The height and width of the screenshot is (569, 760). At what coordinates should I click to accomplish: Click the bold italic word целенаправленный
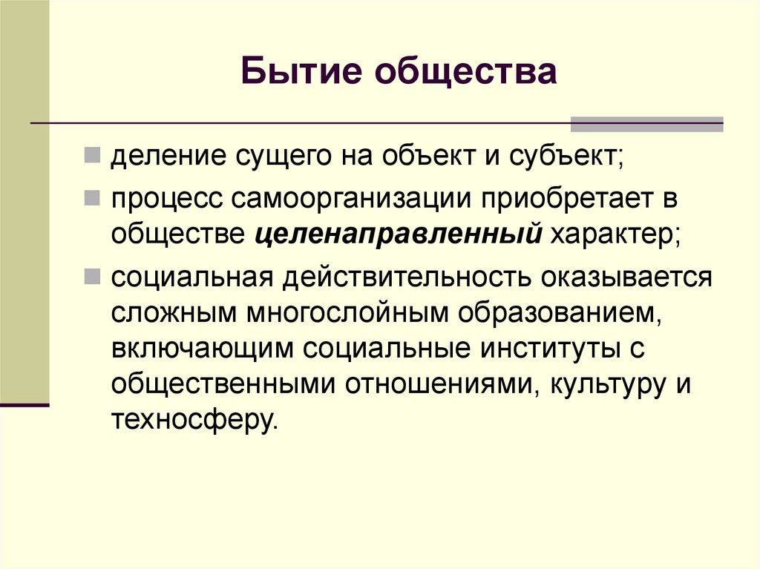pyautogui.click(x=398, y=235)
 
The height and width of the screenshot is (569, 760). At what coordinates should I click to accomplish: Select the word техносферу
pyautogui.click(x=194, y=420)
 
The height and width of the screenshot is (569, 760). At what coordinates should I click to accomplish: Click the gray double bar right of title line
pyautogui.click(x=646, y=124)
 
